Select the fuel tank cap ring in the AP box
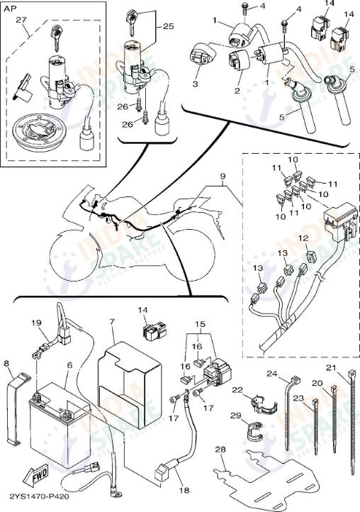coord(41,133)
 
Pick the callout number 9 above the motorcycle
coord(222,174)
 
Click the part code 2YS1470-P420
coord(35,498)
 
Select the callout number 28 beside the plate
coord(221,450)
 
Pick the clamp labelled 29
coord(249,432)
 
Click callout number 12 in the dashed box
coord(303,238)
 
